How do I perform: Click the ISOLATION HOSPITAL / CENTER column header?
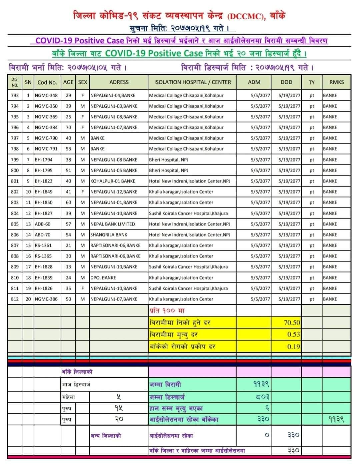[192, 82]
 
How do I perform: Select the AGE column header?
[68, 82]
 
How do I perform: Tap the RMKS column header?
[336, 82]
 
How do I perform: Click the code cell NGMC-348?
[46, 95]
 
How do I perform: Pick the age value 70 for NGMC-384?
[68, 127]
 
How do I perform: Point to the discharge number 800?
[15, 170]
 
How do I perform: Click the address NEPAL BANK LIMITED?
[113, 224]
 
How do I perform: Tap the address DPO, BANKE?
[103, 277]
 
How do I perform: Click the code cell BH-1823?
[44, 181]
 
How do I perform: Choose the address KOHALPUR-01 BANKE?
[113, 181]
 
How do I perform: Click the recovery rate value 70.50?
[292, 322]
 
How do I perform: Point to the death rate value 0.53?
[293, 334]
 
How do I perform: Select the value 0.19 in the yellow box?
[293, 346]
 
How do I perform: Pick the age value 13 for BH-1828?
[68, 266]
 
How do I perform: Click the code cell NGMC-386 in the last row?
[46, 299]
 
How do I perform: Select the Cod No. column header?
[47, 82]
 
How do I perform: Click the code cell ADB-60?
[43, 224]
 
